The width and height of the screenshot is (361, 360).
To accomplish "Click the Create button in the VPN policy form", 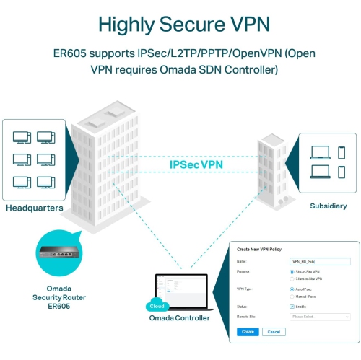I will (247, 331).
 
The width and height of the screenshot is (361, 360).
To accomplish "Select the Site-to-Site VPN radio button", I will (292, 272).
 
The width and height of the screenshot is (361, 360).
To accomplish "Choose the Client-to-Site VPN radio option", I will (292, 278).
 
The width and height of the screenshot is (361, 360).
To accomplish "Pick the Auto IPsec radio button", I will (292, 289).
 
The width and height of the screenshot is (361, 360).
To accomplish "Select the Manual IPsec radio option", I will (292, 295).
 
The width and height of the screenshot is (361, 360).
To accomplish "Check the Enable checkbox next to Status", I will (292, 306).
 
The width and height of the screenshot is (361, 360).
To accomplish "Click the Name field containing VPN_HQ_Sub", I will (319, 260).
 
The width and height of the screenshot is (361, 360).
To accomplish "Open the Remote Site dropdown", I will (319, 316).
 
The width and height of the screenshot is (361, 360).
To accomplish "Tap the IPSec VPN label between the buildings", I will (196, 164).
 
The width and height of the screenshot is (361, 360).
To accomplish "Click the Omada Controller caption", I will (180, 318).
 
